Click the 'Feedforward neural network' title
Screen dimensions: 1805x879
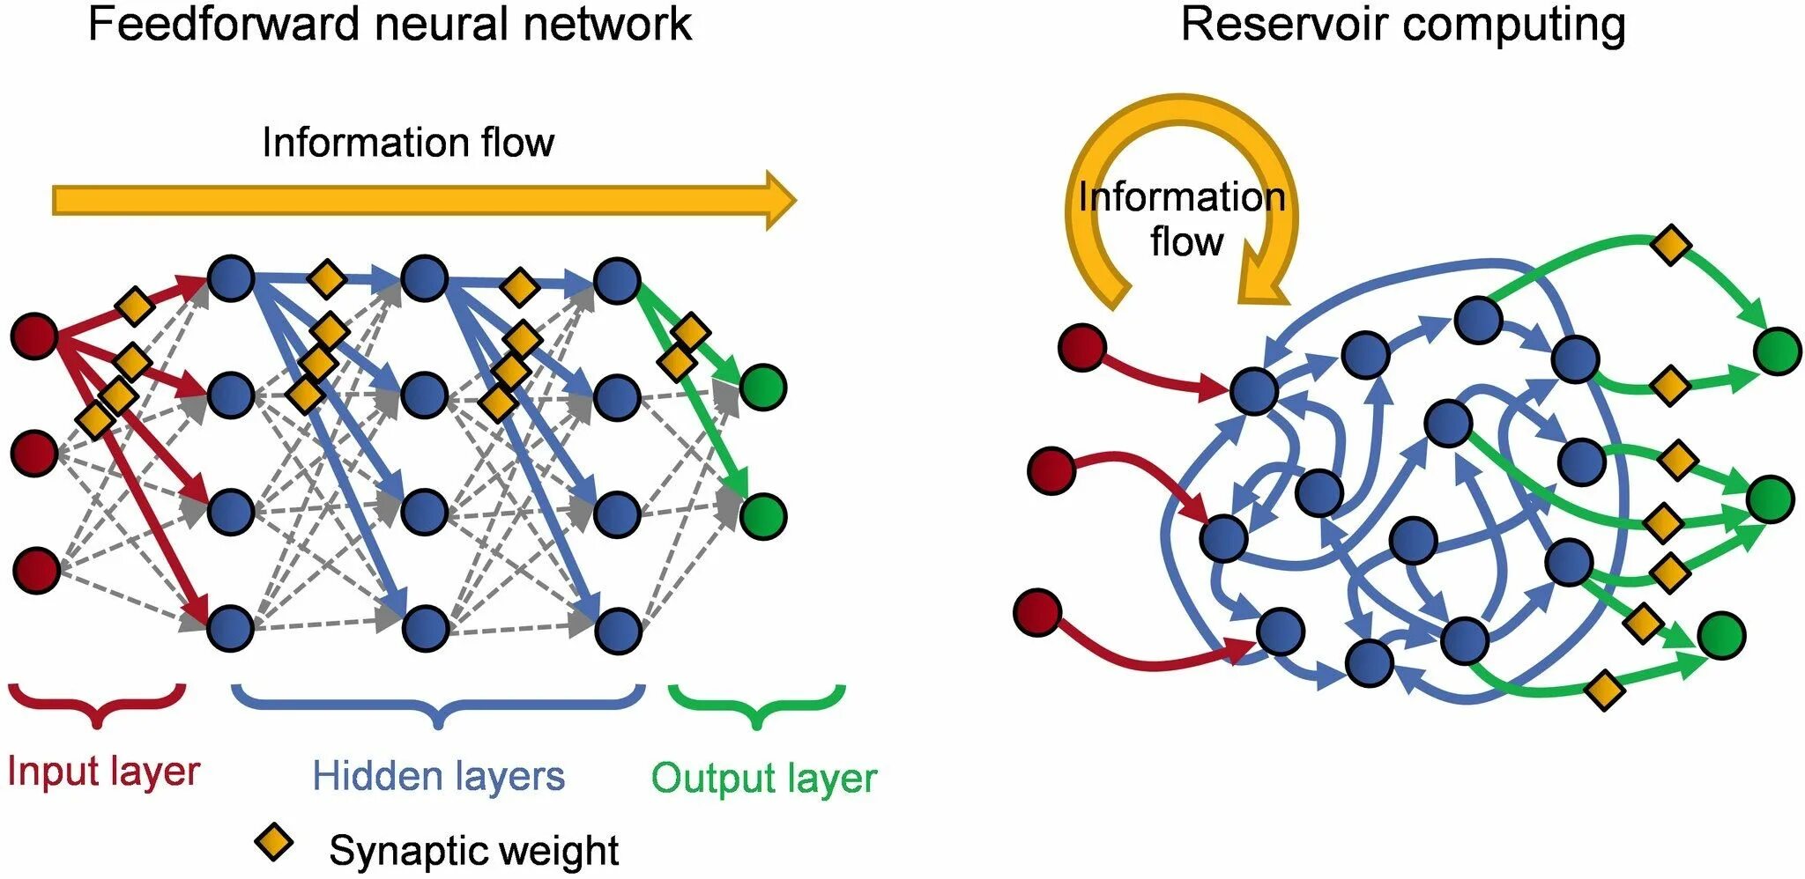(x=390, y=23)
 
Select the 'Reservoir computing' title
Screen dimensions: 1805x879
(x=1403, y=25)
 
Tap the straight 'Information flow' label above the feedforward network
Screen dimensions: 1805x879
(x=408, y=143)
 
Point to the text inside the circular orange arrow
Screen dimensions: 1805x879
(x=1182, y=218)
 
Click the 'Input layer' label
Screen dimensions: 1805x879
(x=103, y=772)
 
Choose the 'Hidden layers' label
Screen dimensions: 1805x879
(x=438, y=776)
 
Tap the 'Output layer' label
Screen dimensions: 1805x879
(x=764, y=779)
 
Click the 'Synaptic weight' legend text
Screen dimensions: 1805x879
(x=474, y=851)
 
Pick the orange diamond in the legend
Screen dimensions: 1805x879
(x=274, y=843)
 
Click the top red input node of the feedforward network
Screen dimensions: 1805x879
(x=34, y=336)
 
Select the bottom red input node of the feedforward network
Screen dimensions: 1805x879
(x=36, y=570)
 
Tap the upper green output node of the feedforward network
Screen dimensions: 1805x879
(x=763, y=387)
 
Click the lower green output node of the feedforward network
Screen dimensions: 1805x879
(x=763, y=516)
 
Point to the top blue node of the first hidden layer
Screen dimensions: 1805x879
(x=231, y=279)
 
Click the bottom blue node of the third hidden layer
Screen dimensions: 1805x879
(x=618, y=630)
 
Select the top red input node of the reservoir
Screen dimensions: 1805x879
(x=1082, y=347)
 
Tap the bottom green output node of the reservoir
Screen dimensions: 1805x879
(x=1721, y=635)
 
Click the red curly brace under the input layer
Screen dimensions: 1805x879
(x=97, y=705)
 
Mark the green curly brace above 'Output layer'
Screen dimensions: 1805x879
(x=757, y=705)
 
